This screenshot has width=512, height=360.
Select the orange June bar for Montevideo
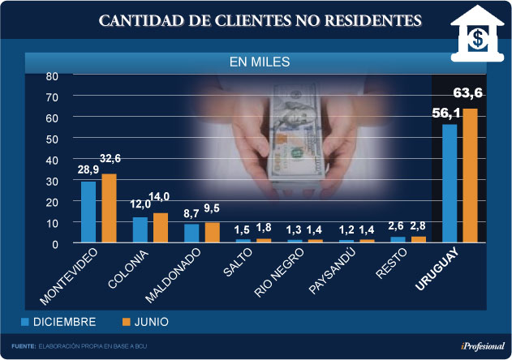point(109,208)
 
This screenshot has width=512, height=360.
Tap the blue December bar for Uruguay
point(450,183)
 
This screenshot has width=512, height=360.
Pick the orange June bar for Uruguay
point(470,175)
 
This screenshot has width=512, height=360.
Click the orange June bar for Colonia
point(161,228)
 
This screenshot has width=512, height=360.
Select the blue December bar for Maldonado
point(191,234)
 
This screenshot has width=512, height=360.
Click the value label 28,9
point(88,172)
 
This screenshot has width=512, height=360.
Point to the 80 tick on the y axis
point(52,76)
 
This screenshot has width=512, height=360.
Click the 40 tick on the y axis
point(52,160)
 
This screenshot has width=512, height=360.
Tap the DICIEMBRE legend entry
point(61,322)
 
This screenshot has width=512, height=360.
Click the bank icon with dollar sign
point(479,34)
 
